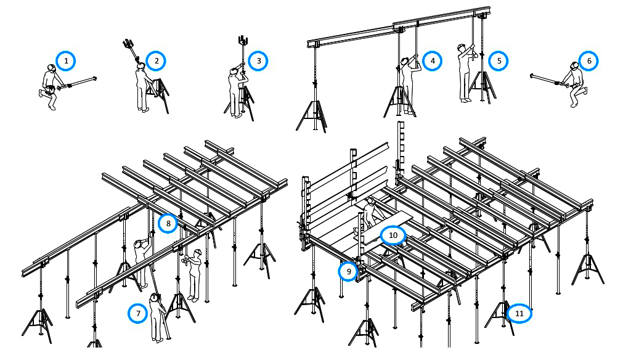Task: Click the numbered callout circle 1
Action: coord(66,61)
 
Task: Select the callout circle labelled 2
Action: coord(156,61)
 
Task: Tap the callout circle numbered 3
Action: coord(258,61)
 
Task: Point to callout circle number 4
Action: coord(433,61)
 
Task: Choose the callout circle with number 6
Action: coord(589,61)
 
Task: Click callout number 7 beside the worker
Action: coord(138,313)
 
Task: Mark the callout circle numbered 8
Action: coord(168,224)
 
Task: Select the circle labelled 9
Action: coord(349,271)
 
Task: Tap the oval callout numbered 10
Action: coord(393,235)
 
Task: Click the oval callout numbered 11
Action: coord(519,313)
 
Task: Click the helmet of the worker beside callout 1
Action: coord(51,68)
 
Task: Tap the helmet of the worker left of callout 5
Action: coord(462,47)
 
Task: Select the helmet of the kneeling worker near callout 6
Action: coord(574,65)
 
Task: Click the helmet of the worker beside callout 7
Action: coord(153,297)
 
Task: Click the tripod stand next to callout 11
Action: coord(499,317)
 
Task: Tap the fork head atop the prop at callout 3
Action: coord(243,41)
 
